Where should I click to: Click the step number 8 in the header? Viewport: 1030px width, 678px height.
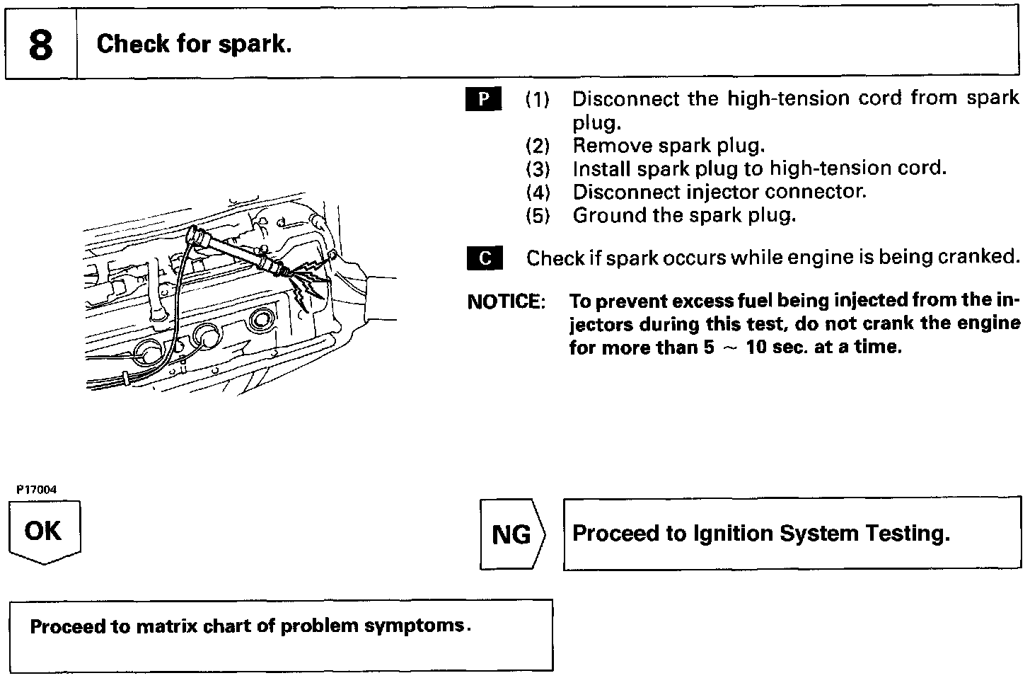tap(40, 45)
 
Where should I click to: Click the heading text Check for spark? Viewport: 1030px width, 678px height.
tap(194, 44)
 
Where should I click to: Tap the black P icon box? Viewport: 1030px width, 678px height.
tap(484, 99)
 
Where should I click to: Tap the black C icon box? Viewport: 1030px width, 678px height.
tap(485, 258)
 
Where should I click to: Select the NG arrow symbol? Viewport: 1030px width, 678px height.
tap(511, 534)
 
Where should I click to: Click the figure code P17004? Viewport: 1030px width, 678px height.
tap(37, 489)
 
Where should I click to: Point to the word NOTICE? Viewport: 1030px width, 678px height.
tap(506, 302)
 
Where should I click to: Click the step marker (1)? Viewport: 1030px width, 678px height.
tap(538, 99)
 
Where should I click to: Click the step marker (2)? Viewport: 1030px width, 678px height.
tap(538, 146)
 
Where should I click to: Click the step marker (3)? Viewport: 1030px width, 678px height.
tap(538, 169)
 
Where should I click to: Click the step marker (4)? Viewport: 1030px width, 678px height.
tap(538, 193)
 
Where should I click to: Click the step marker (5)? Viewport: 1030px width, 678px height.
tap(538, 216)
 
